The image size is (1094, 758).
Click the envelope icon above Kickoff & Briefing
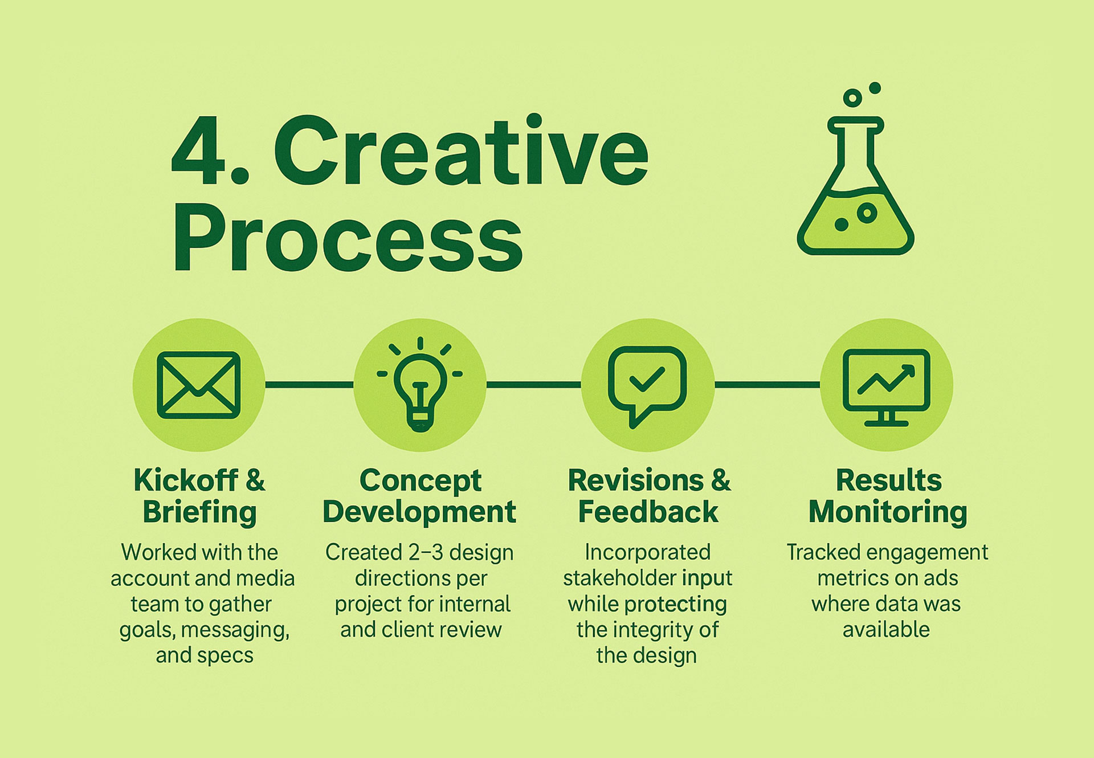click(x=198, y=385)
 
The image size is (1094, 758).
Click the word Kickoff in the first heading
click(x=186, y=480)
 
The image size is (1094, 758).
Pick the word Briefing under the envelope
click(x=199, y=512)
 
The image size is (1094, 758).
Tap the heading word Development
click(x=419, y=512)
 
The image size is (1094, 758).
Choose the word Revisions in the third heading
click(x=636, y=480)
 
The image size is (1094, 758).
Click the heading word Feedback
click(x=648, y=511)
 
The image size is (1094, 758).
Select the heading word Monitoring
click(x=888, y=512)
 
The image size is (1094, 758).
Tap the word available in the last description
click(x=886, y=630)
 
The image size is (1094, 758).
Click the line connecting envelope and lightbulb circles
click(x=309, y=385)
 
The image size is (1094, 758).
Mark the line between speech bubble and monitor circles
click(x=768, y=385)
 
